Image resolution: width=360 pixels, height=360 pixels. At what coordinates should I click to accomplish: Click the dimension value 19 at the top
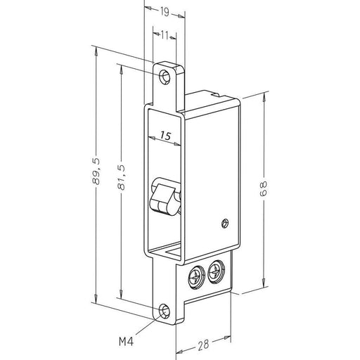coord(163,11)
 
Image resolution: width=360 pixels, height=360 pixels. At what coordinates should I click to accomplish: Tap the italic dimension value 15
coord(165,134)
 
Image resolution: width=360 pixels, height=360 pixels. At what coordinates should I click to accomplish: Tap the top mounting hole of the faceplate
coord(166,76)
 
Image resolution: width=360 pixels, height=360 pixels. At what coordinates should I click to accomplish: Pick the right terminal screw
coord(215,269)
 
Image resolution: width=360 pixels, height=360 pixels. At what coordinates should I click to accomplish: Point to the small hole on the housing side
coord(224,223)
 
